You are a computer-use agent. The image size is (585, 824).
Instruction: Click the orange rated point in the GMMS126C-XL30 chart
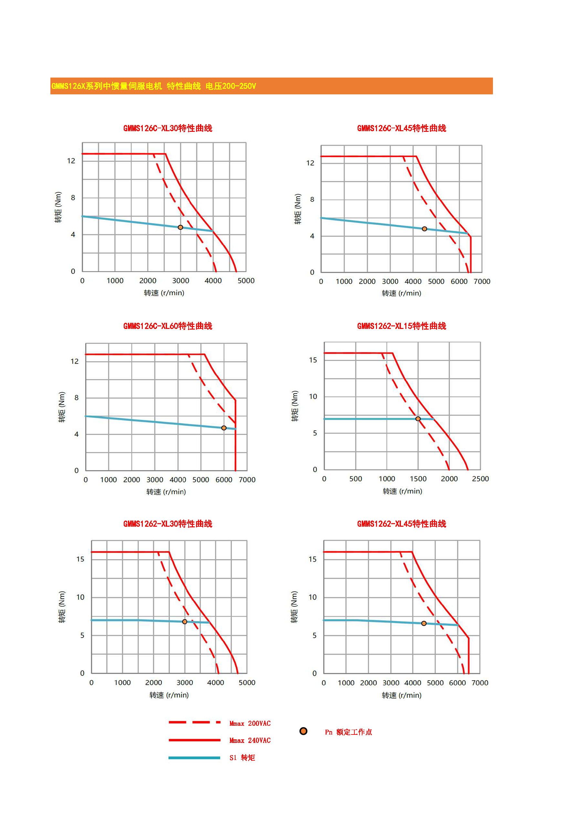(x=180, y=227)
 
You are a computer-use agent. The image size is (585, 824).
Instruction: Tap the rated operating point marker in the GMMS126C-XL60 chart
(x=224, y=428)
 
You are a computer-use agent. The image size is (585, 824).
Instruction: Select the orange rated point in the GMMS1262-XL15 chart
(x=418, y=419)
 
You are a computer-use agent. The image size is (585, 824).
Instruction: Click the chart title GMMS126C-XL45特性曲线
(x=401, y=128)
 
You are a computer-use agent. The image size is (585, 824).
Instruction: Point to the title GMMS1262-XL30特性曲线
(x=168, y=524)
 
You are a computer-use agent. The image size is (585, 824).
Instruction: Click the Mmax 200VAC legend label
(x=250, y=724)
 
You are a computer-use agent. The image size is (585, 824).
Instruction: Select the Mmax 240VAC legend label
(x=250, y=740)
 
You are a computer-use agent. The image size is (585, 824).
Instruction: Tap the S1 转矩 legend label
(x=242, y=758)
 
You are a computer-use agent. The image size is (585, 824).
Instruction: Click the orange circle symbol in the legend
(x=303, y=731)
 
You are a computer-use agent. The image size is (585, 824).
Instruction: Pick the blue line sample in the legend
(x=194, y=758)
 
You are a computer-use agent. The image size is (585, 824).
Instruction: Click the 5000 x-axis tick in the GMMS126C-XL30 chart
(x=246, y=281)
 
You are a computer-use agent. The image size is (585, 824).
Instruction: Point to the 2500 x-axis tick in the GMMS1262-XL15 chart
(x=480, y=479)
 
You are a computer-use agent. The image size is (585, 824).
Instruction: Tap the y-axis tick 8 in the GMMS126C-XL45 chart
(x=312, y=199)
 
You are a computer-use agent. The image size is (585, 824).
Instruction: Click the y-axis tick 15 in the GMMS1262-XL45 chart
(x=312, y=559)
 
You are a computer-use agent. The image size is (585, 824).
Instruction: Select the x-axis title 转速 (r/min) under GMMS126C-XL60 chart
(x=166, y=492)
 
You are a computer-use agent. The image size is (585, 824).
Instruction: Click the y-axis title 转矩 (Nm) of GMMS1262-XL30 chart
(x=62, y=607)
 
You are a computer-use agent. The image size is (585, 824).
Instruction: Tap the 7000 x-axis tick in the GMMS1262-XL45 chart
(x=480, y=683)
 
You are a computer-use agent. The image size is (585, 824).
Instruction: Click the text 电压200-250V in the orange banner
(x=231, y=86)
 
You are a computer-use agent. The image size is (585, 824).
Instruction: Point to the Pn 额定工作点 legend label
(x=348, y=732)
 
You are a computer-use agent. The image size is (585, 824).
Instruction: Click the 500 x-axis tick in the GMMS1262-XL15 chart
(x=356, y=479)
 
